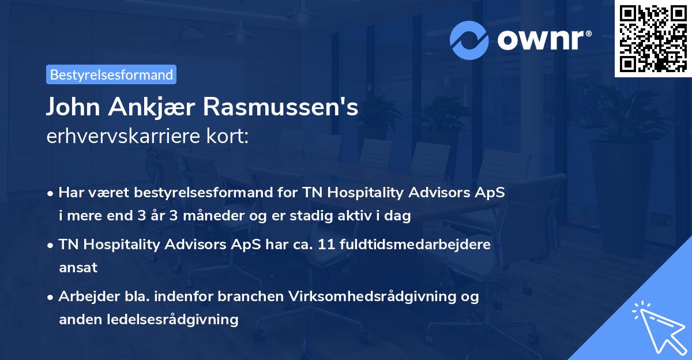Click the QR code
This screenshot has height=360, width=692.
point(653,39)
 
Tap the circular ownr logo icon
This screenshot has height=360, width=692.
point(469,39)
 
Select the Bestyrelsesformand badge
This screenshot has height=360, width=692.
point(111,74)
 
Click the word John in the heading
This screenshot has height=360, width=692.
point(71,108)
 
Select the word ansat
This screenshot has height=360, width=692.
point(78,267)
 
